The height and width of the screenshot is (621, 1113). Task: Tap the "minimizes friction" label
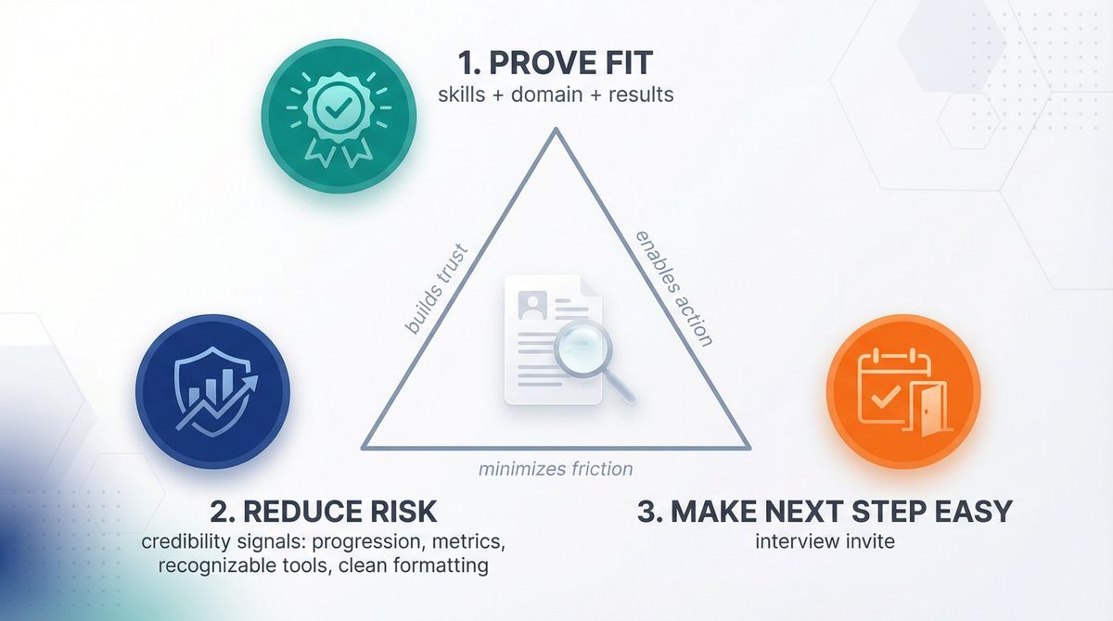pyautogui.click(x=556, y=468)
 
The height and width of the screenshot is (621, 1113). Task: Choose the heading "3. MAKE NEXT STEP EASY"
pyautogui.click(x=825, y=511)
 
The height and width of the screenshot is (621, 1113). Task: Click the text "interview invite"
pyautogui.click(x=825, y=540)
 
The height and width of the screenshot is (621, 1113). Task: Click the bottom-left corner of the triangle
pyautogui.click(x=364, y=448)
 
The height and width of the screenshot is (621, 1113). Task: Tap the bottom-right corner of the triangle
pyautogui.click(x=748, y=448)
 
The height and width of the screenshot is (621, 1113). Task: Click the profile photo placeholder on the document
pyautogui.click(x=532, y=303)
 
